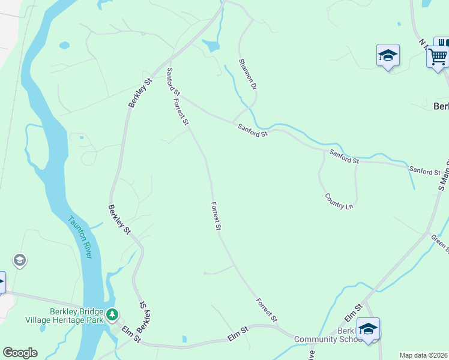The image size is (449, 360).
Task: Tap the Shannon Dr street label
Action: coord(247,74)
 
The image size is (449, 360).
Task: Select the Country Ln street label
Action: coord(339,201)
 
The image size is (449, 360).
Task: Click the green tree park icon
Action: coord(112,314)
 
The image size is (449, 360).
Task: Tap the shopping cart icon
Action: coord(438,56)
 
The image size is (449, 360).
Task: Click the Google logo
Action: coord(20,353)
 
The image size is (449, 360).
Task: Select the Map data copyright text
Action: coord(424,355)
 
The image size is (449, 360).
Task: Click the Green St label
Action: coord(440,244)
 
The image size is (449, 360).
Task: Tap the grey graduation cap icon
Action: coord(20,260)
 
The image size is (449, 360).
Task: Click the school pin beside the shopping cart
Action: coord(388,56)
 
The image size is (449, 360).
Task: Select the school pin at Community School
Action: coord(368,329)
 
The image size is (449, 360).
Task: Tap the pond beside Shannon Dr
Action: coord(211,46)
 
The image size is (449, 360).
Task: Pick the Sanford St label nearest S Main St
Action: coord(424,172)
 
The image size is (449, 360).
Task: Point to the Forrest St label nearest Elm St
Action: coord(266,310)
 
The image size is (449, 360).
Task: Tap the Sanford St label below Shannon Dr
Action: coord(252,130)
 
